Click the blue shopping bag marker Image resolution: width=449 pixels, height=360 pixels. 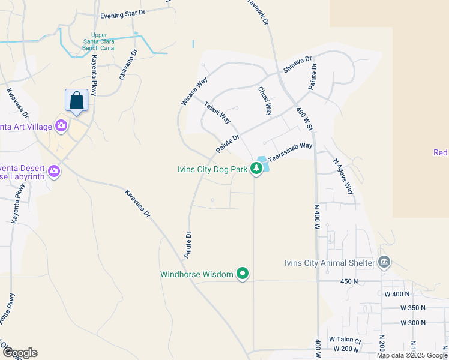(76, 100)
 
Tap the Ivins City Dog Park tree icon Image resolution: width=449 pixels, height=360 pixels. (256, 170)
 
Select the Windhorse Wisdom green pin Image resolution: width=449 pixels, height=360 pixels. (243, 274)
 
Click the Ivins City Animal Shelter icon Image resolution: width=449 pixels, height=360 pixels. (385, 262)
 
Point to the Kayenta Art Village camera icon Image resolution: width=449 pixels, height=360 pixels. (61, 125)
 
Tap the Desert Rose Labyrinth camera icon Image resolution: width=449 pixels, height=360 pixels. (54, 172)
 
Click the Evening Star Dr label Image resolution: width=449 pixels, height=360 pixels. (123, 13)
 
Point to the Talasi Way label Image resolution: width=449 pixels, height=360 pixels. (217, 112)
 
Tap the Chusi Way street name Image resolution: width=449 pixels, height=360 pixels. (265, 101)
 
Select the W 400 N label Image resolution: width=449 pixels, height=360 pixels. (396, 294)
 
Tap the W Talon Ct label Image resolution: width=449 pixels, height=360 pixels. (345, 340)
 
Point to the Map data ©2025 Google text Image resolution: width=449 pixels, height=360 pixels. (411, 355)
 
